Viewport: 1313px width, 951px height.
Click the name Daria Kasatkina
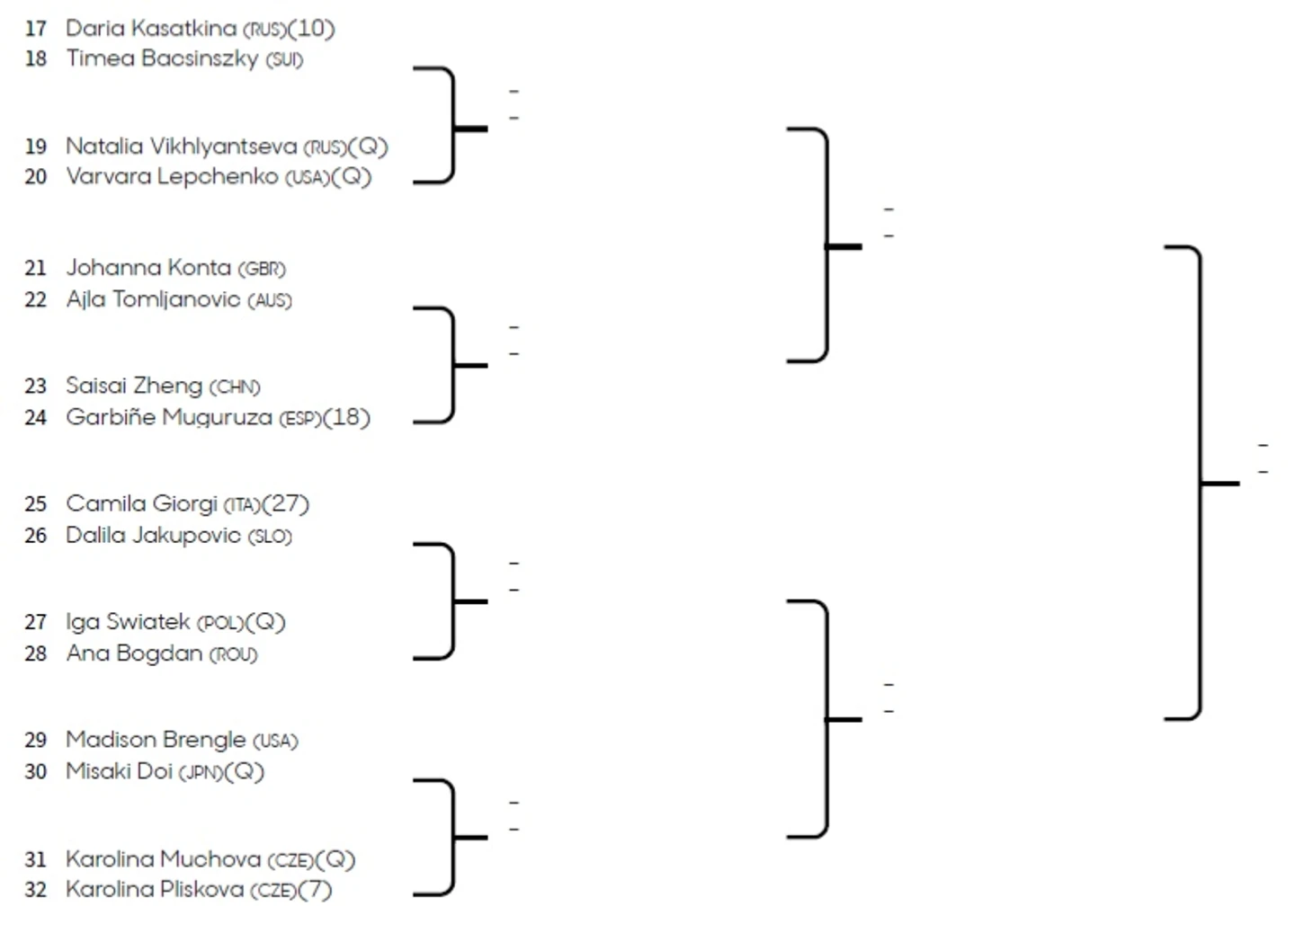(150, 29)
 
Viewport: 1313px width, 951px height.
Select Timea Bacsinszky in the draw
(162, 59)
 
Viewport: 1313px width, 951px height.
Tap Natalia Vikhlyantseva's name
(181, 147)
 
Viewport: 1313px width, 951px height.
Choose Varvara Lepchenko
(172, 176)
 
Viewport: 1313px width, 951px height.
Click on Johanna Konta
(148, 268)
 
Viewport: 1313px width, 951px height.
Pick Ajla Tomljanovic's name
(153, 299)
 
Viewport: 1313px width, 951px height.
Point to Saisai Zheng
(134, 387)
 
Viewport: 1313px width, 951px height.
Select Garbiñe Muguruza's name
(169, 418)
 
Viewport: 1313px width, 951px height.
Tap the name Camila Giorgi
(141, 504)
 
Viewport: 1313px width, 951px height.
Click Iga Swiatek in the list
(128, 622)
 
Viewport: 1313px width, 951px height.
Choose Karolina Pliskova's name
(155, 890)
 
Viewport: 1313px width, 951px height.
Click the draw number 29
(35, 741)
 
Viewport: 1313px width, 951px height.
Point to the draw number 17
(35, 29)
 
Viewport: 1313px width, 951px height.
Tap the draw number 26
(35, 537)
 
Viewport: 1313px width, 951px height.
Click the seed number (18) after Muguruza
(347, 418)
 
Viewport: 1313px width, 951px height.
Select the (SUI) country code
(284, 60)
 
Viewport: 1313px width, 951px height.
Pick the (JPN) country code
(201, 772)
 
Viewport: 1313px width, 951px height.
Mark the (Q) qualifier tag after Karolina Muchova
(336, 860)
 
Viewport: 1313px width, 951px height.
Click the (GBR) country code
(262, 269)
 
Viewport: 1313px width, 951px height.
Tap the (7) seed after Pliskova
(316, 890)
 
